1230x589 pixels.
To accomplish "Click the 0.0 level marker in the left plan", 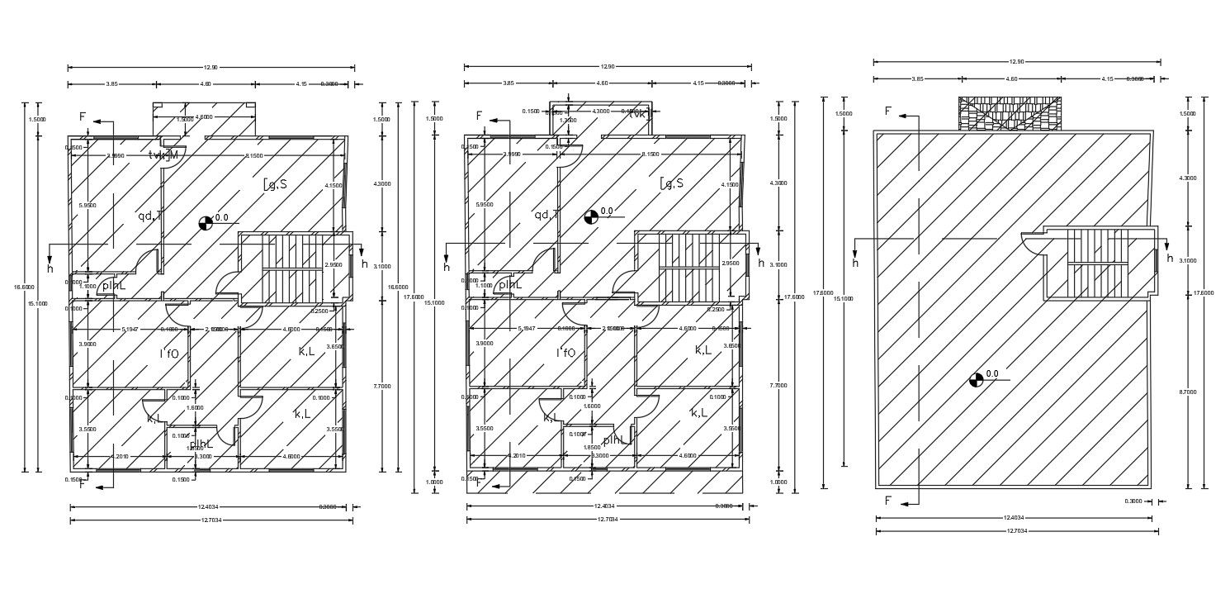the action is tap(206, 221).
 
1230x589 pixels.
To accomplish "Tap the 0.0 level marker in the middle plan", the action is tap(591, 216).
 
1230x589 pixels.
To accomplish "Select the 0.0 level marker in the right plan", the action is tap(977, 379).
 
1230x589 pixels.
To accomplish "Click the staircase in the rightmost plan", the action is tap(1097, 263).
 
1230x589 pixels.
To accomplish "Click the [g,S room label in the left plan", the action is tap(275, 184).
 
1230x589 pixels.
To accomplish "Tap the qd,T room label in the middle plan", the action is tap(546, 215).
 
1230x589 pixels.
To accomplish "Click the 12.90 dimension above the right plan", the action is tap(1016, 62).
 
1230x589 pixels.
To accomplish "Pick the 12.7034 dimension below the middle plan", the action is tap(607, 520).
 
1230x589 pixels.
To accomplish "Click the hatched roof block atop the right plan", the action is tap(1010, 113).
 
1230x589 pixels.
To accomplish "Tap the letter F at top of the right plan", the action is tap(888, 111).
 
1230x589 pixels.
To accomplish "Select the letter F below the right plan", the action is tap(888, 501).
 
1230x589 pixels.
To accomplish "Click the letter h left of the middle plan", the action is tap(447, 268).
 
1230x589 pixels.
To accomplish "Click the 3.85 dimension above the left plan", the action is tap(112, 84).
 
